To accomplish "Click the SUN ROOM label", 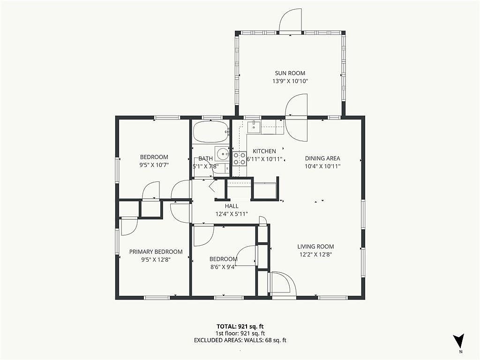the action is point(290,73).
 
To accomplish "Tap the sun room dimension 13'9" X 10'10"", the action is point(290,81).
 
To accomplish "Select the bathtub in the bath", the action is point(211,132).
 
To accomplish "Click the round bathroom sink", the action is point(223,153).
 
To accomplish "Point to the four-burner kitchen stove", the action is point(240,159).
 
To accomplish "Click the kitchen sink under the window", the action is point(254,127).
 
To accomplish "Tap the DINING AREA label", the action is point(322,158).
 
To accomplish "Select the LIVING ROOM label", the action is point(315,247).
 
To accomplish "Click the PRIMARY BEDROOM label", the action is point(156,252).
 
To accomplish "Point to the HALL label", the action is point(232,206).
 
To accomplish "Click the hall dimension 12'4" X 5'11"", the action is point(232,214).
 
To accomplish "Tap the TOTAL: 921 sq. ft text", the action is point(240,326).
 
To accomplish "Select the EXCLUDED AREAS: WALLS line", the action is point(240,340).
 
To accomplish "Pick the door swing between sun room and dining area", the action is point(296,118).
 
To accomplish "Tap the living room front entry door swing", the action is point(283,284).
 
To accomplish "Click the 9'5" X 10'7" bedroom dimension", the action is point(154,165).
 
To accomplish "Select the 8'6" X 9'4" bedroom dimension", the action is point(224,267).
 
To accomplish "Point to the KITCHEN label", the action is point(264,151).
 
